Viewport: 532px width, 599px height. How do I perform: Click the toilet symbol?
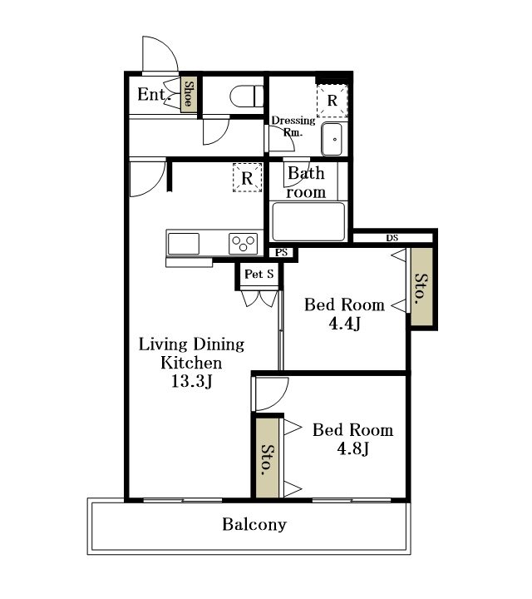pos(247,97)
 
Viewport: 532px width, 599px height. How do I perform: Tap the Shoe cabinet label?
pos(188,93)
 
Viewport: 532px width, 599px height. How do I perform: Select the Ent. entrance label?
pos(153,94)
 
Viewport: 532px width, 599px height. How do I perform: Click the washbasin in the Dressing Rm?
pos(332,139)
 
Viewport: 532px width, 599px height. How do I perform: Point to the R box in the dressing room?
pos(332,101)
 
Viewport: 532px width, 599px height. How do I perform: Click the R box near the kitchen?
pos(248,178)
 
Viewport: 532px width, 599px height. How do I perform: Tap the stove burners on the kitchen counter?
pos(243,243)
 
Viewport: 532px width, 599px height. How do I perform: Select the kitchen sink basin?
pos(184,243)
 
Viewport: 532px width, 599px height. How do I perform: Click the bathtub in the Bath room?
pos(308,221)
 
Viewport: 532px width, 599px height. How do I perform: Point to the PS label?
pos(281,253)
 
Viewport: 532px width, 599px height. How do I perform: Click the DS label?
pos(392,238)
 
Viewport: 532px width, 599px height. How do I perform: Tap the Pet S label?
pos(259,274)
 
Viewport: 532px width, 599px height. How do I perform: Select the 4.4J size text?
pos(344,324)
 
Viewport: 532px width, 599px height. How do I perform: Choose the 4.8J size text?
pos(353,448)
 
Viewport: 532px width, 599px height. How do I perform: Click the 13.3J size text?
pos(191,381)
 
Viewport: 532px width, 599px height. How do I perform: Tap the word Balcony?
pos(254,524)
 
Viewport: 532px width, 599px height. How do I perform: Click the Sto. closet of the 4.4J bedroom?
pos(421,286)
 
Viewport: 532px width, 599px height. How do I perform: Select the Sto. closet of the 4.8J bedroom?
pos(267,458)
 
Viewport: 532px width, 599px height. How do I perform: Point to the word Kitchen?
pos(191,363)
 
